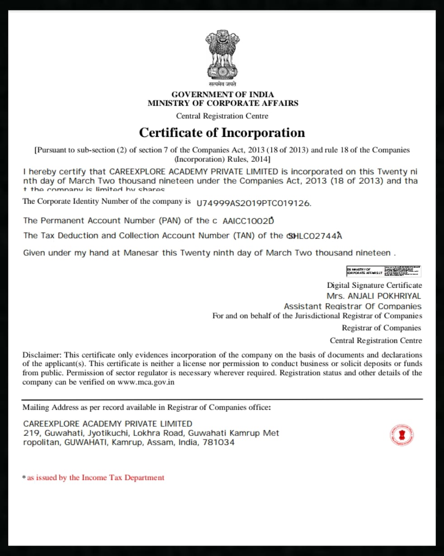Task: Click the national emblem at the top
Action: click(222, 54)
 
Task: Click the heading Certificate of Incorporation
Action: click(222, 133)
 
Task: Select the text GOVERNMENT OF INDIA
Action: click(222, 94)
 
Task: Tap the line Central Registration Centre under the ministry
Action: click(222, 116)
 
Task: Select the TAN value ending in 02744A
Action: click(315, 236)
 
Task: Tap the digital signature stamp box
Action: click(383, 271)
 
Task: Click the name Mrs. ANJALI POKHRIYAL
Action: click(373, 296)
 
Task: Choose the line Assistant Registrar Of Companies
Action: click(353, 306)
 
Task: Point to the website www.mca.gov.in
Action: click(146, 382)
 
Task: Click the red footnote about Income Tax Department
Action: click(94, 478)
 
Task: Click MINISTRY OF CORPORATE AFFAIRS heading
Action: click(222, 103)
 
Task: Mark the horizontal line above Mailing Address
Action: click(222, 399)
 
